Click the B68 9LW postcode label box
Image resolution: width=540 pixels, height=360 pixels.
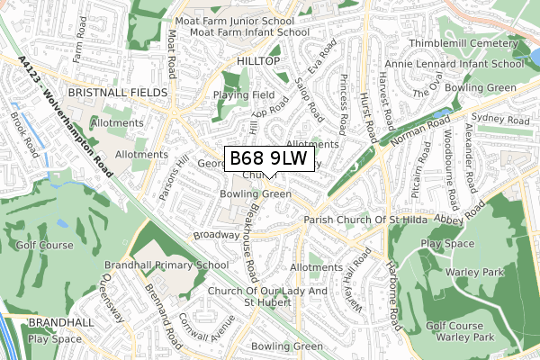269,159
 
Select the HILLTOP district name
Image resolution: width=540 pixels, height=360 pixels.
258,60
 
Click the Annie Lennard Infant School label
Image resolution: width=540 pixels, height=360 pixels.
465,64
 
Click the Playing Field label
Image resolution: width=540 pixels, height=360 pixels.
244,94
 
